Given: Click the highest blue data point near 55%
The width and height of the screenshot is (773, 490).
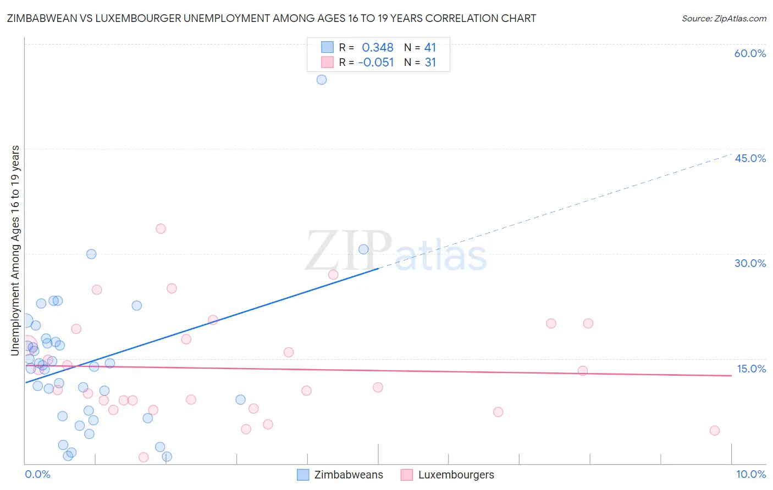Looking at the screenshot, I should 322,80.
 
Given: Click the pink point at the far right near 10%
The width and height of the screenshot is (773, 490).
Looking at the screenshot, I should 714,430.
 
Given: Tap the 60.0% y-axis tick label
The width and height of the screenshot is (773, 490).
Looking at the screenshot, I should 750,53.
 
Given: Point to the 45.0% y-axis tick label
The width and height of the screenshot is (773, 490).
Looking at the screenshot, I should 750,158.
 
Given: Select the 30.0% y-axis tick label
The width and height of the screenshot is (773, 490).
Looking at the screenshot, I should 750,263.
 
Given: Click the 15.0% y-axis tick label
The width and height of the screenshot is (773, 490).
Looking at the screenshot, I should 751,369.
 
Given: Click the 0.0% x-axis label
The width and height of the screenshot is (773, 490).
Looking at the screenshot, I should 37,474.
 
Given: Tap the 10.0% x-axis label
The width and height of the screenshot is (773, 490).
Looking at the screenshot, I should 750,474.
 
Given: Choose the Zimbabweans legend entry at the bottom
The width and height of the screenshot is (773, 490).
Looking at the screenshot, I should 348,475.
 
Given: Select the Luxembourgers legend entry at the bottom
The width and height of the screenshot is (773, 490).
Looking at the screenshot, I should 456,475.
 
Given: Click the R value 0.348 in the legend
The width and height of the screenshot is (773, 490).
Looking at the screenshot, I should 377,48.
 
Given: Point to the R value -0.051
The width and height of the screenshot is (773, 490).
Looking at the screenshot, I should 376,63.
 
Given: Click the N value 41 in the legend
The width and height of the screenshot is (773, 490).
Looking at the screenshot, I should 430,48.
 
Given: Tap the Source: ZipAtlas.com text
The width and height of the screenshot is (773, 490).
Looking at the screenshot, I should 724,19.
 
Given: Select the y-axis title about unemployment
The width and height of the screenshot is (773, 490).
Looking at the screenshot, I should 15,250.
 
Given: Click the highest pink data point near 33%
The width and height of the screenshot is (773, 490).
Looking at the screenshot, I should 161,229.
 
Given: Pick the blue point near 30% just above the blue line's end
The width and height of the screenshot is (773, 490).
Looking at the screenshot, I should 363,249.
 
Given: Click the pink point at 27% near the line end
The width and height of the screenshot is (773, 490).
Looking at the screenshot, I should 333,275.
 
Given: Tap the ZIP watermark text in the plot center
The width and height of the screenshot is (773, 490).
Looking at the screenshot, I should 349,251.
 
